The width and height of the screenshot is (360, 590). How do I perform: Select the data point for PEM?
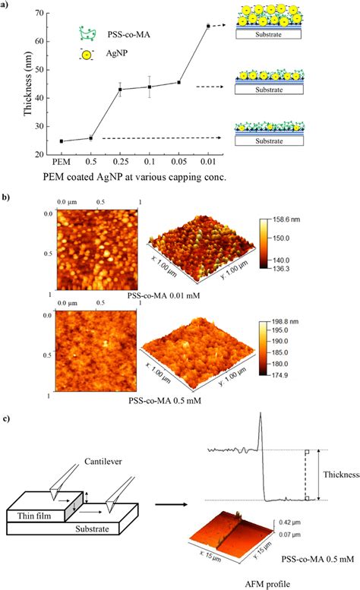tap(62, 141)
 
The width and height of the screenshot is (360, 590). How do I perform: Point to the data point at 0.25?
tap(120, 90)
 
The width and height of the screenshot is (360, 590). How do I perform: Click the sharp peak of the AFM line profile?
tap(260, 415)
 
